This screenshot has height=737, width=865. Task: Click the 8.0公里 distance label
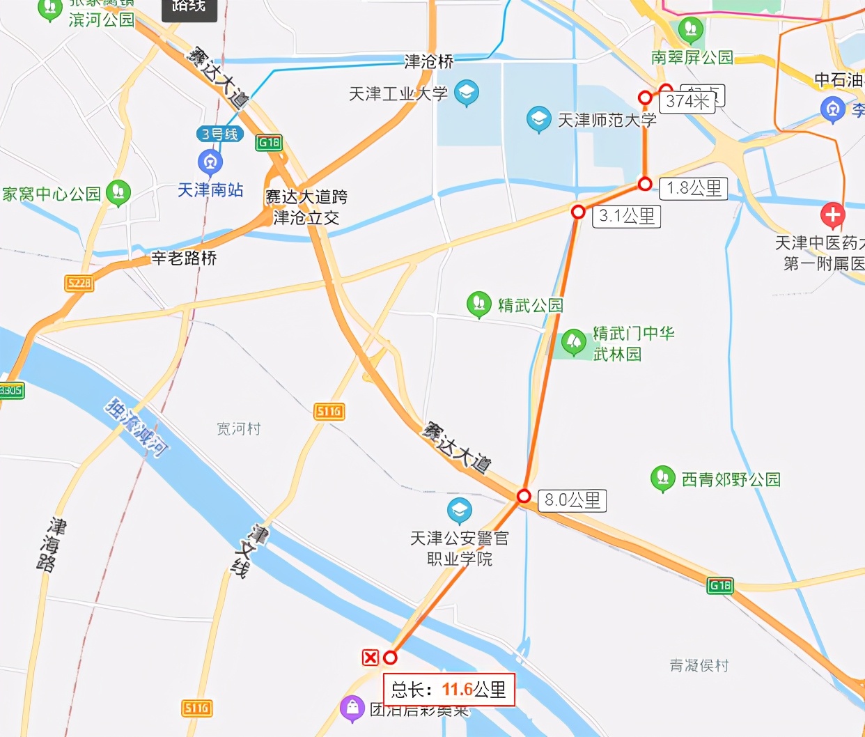(x=572, y=500)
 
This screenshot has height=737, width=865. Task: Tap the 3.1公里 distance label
(x=627, y=216)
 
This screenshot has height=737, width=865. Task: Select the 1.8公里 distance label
(x=693, y=188)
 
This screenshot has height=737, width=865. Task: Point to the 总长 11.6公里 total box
(x=449, y=690)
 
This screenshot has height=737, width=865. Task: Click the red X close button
(x=371, y=657)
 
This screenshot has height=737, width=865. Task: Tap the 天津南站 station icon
(x=210, y=162)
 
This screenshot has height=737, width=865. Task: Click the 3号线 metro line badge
(x=220, y=134)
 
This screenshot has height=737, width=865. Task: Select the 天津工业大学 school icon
(x=466, y=93)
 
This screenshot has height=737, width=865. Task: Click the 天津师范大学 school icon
(x=538, y=119)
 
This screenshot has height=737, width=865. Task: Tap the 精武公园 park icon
(x=478, y=304)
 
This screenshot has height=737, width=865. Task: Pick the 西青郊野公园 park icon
(x=662, y=479)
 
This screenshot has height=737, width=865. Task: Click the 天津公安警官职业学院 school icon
(x=459, y=511)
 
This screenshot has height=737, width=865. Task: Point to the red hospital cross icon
(x=833, y=216)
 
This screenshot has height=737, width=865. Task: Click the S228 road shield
(x=79, y=283)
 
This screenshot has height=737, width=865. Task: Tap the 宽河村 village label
(x=238, y=428)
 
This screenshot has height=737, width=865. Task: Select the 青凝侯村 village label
(x=699, y=666)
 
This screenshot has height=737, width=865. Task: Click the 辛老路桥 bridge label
(x=184, y=258)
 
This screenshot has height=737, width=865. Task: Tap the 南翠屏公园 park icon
(x=691, y=29)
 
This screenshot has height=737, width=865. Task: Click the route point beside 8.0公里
(x=524, y=496)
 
